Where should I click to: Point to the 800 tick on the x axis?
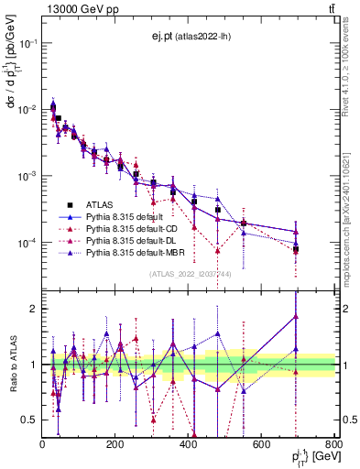tap(333, 445)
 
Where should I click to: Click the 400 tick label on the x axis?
tap(188, 445)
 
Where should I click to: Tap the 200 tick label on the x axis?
tap(115, 445)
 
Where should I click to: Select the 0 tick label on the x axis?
tap(43, 445)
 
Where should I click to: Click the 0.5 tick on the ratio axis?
tap(30, 420)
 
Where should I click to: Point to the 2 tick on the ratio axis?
tap(34, 309)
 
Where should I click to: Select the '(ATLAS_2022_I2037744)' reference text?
tap(189, 274)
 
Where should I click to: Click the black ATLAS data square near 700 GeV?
tap(296, 248)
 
